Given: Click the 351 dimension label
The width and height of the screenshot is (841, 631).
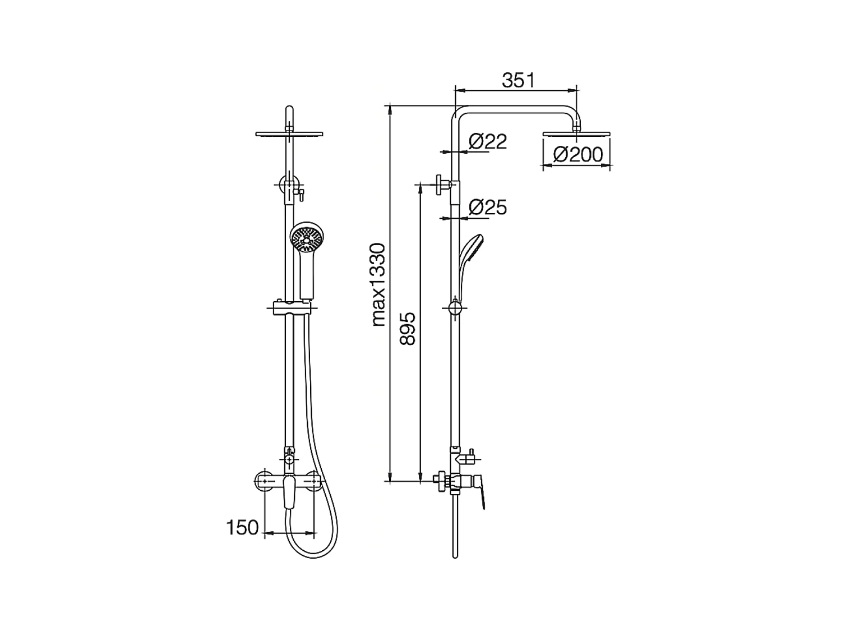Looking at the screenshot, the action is coord(517,80).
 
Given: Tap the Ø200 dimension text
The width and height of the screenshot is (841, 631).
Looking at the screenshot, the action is coord(578,154).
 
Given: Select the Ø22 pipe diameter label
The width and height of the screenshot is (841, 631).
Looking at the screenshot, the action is coord(488,141).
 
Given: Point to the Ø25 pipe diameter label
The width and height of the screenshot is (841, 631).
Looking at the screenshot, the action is coord(488,208).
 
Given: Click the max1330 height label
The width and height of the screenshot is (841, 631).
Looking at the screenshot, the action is coord(379,285).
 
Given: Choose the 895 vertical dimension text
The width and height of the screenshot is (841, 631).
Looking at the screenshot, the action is coord(407,329).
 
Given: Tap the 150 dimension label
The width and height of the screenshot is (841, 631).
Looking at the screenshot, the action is coord(243,528).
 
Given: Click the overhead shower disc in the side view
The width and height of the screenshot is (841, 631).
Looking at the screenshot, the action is coord(576,134).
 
